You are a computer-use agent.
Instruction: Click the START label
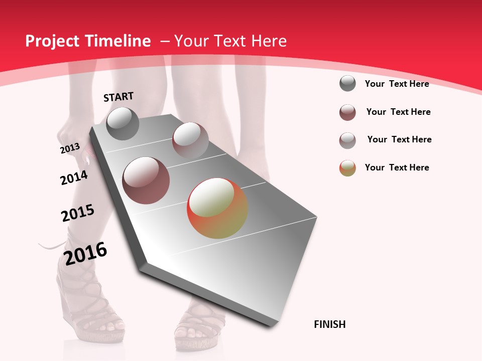tap(118, 97)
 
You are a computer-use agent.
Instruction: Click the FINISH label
tap(330, 324)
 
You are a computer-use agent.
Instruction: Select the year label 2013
tap(70, 148)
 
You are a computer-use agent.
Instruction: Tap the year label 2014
tap(74, 177)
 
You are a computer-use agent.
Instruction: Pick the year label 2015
tap(78, 213)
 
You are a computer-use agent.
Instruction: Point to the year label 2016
tap(86, 254)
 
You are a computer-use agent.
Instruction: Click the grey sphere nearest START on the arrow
tap(123, 123)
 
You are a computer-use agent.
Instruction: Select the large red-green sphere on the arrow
tap(217, 209)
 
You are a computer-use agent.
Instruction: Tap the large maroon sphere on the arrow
tap(146, 180)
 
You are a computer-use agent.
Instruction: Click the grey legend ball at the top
tap(347, 83)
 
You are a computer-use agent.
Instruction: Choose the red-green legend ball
tap(347, 168)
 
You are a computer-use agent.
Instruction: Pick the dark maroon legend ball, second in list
tap(347, 112)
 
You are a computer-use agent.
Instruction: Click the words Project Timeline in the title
tap(88, 41)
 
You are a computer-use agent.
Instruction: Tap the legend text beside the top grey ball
tap(397, 84)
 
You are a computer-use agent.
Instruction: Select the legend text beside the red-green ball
tap(397, 167)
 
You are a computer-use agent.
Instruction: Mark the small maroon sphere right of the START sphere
tap(190, 140)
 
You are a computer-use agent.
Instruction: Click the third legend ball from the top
tap(347, 140)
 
